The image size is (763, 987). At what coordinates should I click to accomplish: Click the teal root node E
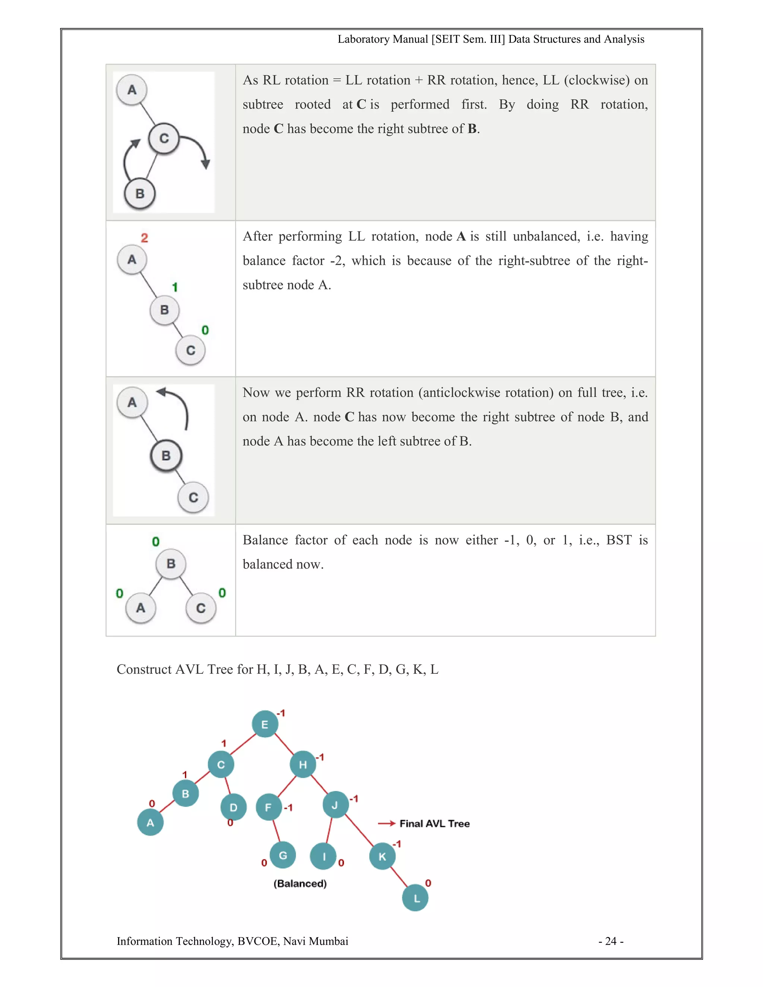pos(265,724)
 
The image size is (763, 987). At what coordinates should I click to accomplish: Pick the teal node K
pos(382,856)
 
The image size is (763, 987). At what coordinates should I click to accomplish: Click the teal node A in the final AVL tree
pos(150,822)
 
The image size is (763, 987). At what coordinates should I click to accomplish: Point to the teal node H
pos(303,764)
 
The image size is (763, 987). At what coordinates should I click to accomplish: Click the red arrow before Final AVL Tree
pos(386,823)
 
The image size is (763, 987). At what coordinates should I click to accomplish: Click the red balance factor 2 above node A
pos(144,238)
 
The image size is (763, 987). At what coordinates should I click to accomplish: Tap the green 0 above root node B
pos(155,542)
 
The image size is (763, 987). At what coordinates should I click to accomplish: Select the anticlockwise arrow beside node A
pos(176,405)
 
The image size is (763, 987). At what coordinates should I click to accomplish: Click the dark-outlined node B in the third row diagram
pos(166,455)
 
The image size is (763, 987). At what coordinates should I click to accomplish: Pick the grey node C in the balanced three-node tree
pos(201,608)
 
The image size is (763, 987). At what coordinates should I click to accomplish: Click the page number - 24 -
pos(611,941)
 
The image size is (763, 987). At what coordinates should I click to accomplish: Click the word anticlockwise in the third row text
pos(461,392)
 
